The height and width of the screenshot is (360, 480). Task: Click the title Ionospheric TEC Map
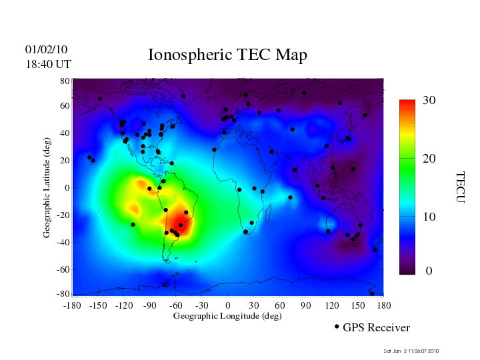[x=227, y=55]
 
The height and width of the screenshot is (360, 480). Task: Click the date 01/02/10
[x=46, y=50]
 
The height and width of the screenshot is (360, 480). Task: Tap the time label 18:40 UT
[x=48, y=64]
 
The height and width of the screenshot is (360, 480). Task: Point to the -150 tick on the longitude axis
[x=98, y=305]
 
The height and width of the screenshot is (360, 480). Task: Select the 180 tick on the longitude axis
[x=383, y=305]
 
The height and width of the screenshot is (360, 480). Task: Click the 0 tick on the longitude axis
[x=228, y=305]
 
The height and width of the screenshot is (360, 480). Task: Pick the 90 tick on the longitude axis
[x=305, y=305]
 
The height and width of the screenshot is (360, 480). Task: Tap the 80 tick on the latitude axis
[x=65, y=81]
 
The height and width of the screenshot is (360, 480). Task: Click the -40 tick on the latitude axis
[x=63, y=243]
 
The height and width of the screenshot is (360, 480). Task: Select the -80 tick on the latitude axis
[x=63, y=294]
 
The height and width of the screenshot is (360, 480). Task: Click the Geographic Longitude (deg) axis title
[x=227, y=316]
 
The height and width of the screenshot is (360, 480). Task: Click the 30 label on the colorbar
[x=429, y=101]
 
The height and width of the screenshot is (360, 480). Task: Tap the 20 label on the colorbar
[x=429, y=160]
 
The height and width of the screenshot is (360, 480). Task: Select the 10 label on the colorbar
[x=429, y=217]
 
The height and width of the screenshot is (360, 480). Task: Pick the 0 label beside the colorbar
[x=429, y=271]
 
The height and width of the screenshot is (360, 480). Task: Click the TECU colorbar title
[x=460, y=187]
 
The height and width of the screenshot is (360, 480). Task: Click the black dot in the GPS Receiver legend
[x=337, y=327]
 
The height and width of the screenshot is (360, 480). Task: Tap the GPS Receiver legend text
[x=376, y=328]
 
